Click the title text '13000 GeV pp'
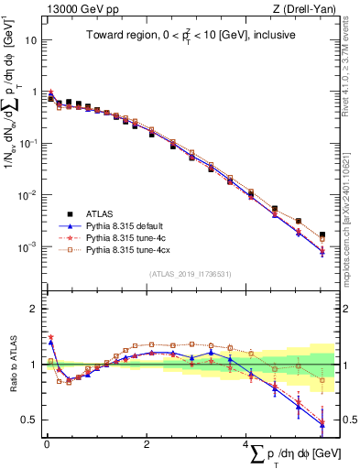pyautogui.click(x=75, y=8)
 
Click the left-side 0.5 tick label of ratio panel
pyautogui.click(x=29, y=420)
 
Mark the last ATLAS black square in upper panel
pyautogui.click(x=322, y=235)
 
